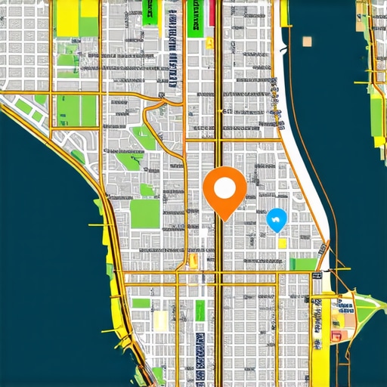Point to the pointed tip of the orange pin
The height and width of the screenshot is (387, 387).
coord(225,220)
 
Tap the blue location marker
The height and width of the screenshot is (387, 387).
coord(277,220)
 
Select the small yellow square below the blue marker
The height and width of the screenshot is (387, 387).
coord(283,243)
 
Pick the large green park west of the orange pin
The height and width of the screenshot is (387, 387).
coord(145,214)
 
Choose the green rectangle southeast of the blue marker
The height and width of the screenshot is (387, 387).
coord(304,264)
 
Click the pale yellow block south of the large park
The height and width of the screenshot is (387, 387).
coord(161,321)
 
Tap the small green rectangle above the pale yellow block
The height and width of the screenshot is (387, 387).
coord(141,303)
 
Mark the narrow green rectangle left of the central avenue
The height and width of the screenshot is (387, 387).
coord(200,311)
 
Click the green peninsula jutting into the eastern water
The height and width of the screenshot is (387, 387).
coord(366,310)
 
